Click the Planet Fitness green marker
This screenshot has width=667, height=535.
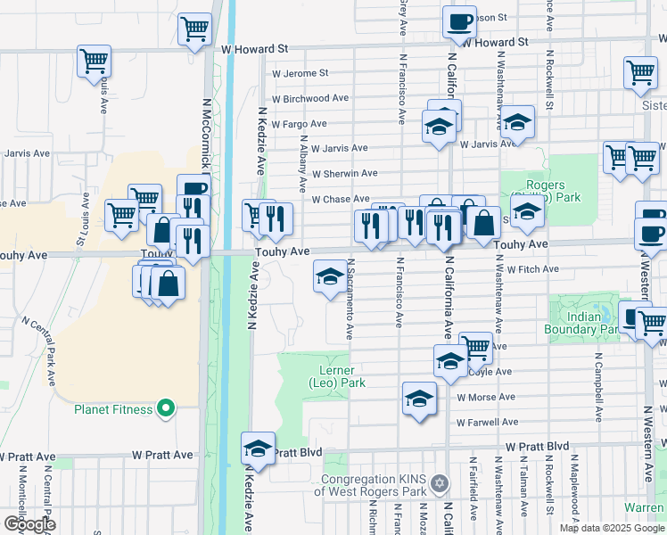pos(165,409)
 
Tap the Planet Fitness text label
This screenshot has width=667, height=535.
pos(113,410)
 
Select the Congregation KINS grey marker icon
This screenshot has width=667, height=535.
pos(437,484)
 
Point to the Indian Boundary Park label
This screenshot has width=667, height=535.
pos(585,322)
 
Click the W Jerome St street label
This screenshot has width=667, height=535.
pos(300,73)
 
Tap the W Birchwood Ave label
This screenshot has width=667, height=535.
pos(310,98)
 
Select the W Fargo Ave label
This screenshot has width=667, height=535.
pos(300,124)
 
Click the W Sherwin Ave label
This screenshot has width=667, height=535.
pos(345,173)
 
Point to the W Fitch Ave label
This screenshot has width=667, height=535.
pos(532,268)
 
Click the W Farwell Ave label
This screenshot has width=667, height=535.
pos(486,423)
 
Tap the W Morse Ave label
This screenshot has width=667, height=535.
pos(486,397)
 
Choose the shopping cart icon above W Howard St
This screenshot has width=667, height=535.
pos(194,29)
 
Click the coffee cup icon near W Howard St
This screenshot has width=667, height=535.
pos(460,21)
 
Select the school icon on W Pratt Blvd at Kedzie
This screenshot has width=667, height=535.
pos(258,449)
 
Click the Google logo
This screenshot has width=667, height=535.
pos(29,523)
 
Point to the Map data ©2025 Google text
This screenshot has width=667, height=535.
pos(611,528)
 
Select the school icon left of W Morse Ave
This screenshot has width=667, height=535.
pos(419,399)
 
